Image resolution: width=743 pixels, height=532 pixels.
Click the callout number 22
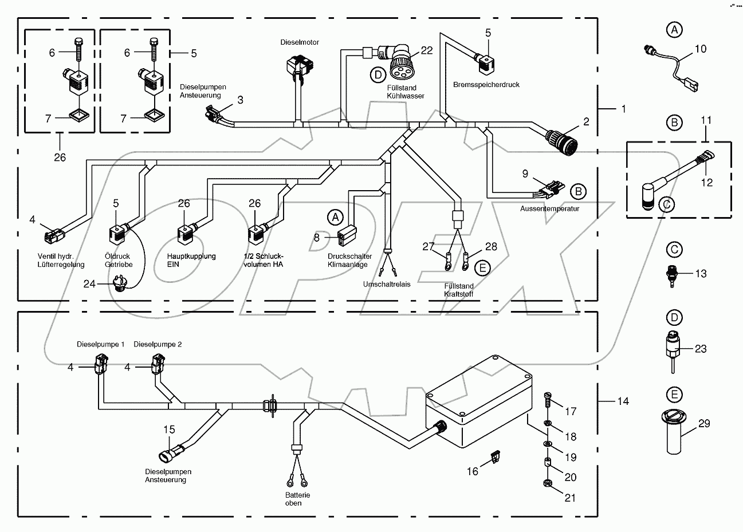pyautogui.click(x=426, y=50)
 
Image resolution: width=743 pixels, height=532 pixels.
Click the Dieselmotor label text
pyautogui.click(x=300, y=42)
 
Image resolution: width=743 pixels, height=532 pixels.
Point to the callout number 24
pyautogui.click(x=90, y=283)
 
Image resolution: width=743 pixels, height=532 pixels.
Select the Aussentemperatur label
pyautogui.click(x=549, y=208)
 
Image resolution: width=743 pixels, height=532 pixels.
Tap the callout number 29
pyautogui.click(x=704, y=424)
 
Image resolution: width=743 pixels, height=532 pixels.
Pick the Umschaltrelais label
pyautogui.click(x=387, y=285)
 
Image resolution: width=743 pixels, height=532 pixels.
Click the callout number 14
pyautogui.click(x=622, y=401)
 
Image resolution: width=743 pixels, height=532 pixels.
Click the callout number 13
pyautogui.click(x=701, y=274)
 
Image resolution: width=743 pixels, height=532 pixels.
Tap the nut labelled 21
pyautogui.click(x=548, y=484)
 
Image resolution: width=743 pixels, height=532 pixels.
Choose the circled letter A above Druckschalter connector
pyautogui.click(x=335, y=216)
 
